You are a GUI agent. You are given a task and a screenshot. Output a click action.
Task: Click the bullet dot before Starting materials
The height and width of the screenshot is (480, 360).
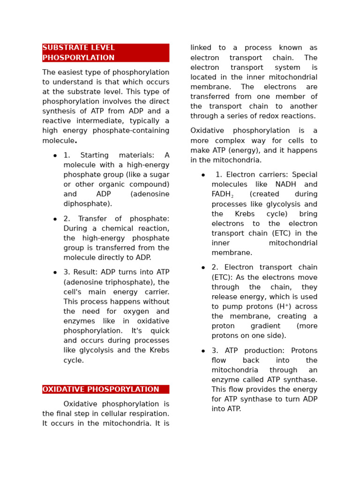pyautogui.click(x=55, y=156)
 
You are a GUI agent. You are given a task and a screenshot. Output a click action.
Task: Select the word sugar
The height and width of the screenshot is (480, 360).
pyautogui.click(x=158, y=175)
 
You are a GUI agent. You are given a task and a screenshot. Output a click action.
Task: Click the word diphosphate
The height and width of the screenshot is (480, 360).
pyautogui.click(x=87, y=204)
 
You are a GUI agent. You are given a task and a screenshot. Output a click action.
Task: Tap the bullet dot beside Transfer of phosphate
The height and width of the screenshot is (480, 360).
pyautogui.click(x=55, y=219)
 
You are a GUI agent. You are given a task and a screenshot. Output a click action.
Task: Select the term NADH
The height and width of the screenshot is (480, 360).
pyautogui.click(x=305, y=185)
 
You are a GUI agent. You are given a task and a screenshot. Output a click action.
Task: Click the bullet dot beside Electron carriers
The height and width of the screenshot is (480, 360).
pyautogui.click(x=203, y=175)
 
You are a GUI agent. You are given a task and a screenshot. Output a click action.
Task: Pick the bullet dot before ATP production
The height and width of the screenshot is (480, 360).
pyautogui.click(x=203, y=351)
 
